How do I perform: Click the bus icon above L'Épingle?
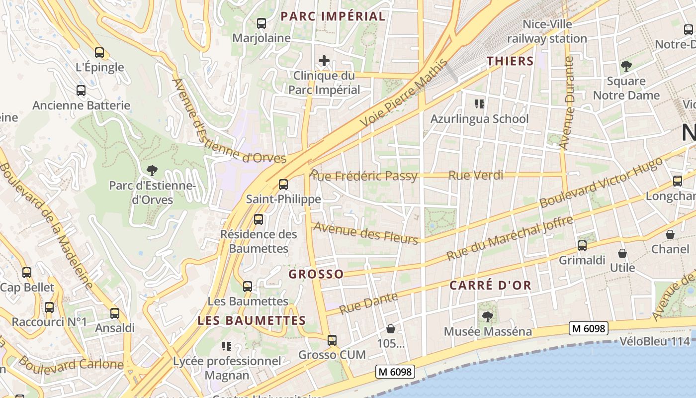coord(99,52)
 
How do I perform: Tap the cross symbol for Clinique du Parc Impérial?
coord(324,61)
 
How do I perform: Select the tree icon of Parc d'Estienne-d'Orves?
coord(152,171)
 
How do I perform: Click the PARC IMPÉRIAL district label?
coord(333,16)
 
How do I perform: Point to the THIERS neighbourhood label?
coord(510,61)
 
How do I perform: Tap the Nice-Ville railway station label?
coord(547,31)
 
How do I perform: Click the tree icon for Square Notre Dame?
coord(626,66)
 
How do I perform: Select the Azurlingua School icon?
coord(480,104)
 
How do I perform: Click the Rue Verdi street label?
coord(476,175)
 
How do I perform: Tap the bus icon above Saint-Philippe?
coord(283,185)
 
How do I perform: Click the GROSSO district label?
coord(316,274)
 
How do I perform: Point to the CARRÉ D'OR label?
coord(491,286)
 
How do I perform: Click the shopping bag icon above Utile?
coord(622,253)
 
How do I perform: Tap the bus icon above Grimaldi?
coord(582,246)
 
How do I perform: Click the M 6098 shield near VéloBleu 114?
coord(589,328)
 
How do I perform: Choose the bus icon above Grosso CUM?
coord(332,340)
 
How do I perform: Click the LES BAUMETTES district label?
coord(252,320)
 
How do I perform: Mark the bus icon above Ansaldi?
coord(115,313)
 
